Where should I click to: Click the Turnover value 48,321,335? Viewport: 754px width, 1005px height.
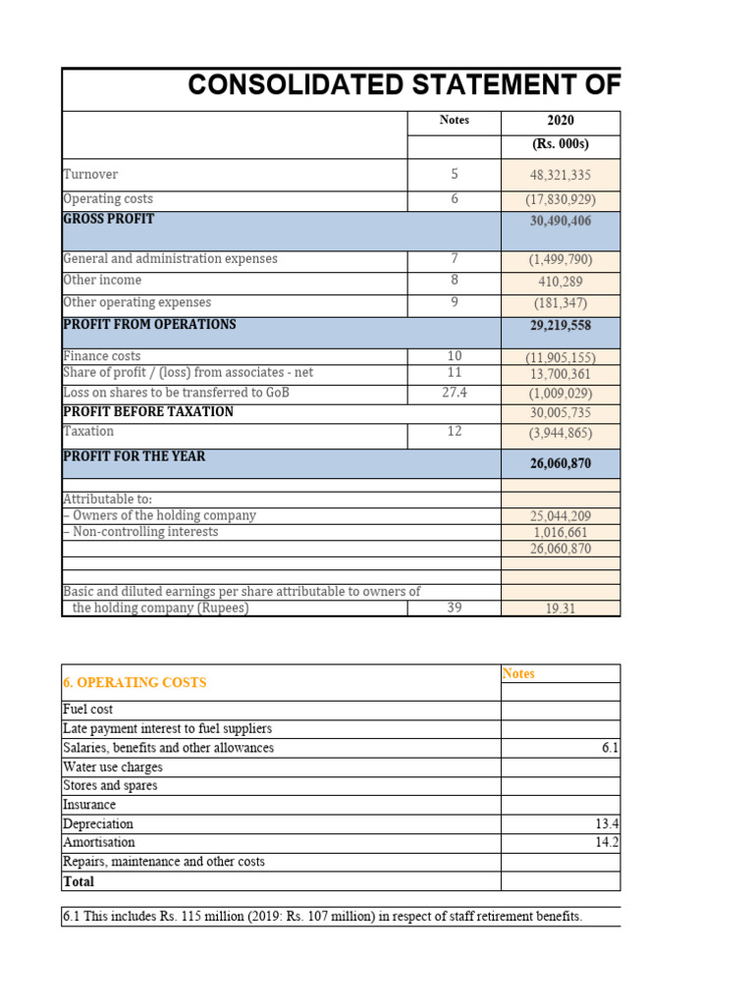tap(561, 175)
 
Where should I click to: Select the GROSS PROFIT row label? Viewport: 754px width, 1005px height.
tap(108, 219)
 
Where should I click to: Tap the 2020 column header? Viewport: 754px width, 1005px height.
tap(561, 121)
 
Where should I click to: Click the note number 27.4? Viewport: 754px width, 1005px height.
tap(454, 393)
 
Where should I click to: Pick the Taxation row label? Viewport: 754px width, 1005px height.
tap(88, 432)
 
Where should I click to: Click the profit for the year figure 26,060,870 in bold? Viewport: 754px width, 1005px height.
tap(561, 463)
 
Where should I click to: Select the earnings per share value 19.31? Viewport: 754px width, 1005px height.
tap(561, 608)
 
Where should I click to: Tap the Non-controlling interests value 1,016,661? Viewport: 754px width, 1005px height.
tap(561, 533)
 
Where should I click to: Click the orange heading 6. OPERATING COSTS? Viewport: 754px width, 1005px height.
tap(135, 682)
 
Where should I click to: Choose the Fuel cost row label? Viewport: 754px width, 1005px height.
tap(88, 710)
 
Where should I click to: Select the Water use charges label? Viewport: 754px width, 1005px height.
tap(113, 767)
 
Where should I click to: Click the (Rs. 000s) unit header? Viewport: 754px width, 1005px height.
tap(561, 146)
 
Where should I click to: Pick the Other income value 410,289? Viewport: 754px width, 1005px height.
tap(561, 281)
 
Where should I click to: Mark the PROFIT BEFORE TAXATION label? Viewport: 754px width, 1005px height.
tap(148, 412)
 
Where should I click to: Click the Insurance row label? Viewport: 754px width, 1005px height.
tap(89, 805)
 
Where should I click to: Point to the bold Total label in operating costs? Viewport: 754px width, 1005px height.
tap(79, 882)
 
